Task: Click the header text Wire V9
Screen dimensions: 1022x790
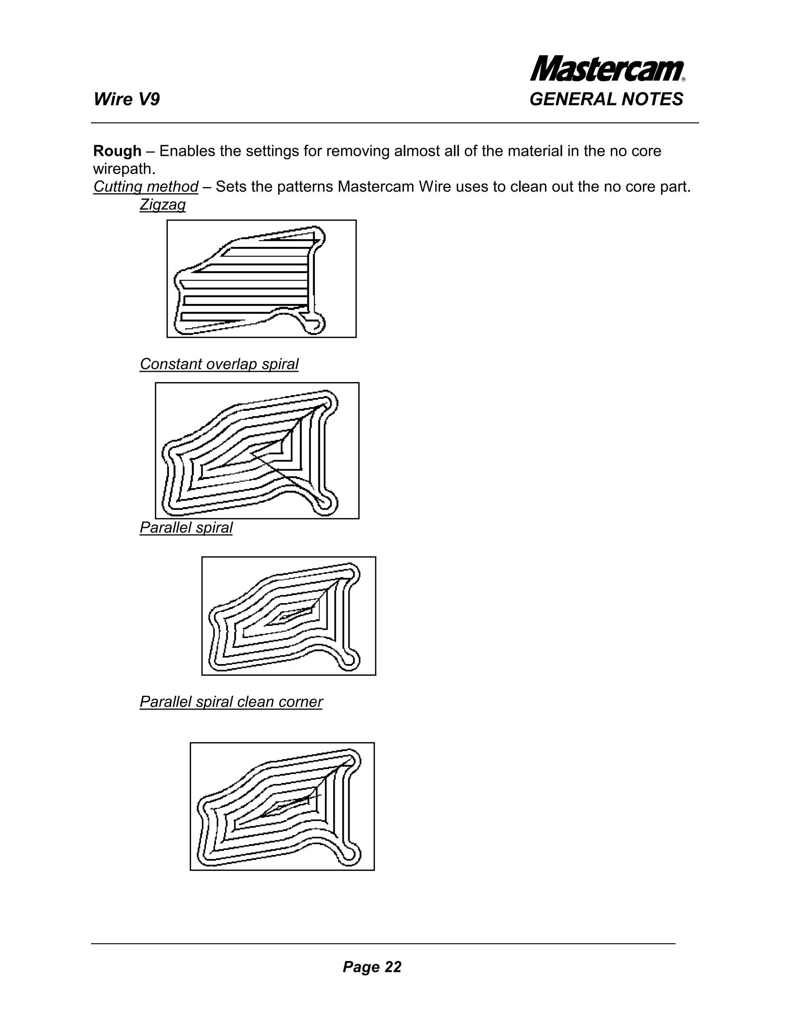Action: click(x=127, y=100)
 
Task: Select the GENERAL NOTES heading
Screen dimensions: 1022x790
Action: click(x=606, y=100)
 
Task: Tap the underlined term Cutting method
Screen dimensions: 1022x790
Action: click(x=145, y=187)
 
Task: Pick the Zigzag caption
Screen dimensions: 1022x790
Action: click(x=162, y=204)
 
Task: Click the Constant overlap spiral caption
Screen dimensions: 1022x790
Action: click(x=219, y=364)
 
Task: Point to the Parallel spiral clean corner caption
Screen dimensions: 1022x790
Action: click(x=231, y=702)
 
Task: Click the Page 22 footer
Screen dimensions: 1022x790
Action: click(x=371, y=967)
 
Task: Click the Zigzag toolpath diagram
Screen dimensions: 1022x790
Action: click(x=261, y=278)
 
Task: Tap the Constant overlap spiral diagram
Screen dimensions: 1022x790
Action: click(x=257, y=450)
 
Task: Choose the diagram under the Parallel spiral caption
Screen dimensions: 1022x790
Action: click(x=288, y=616)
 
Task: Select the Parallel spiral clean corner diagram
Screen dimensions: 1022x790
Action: click(x=282, y=806)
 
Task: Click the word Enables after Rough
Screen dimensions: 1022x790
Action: click(x=186, y=151)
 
